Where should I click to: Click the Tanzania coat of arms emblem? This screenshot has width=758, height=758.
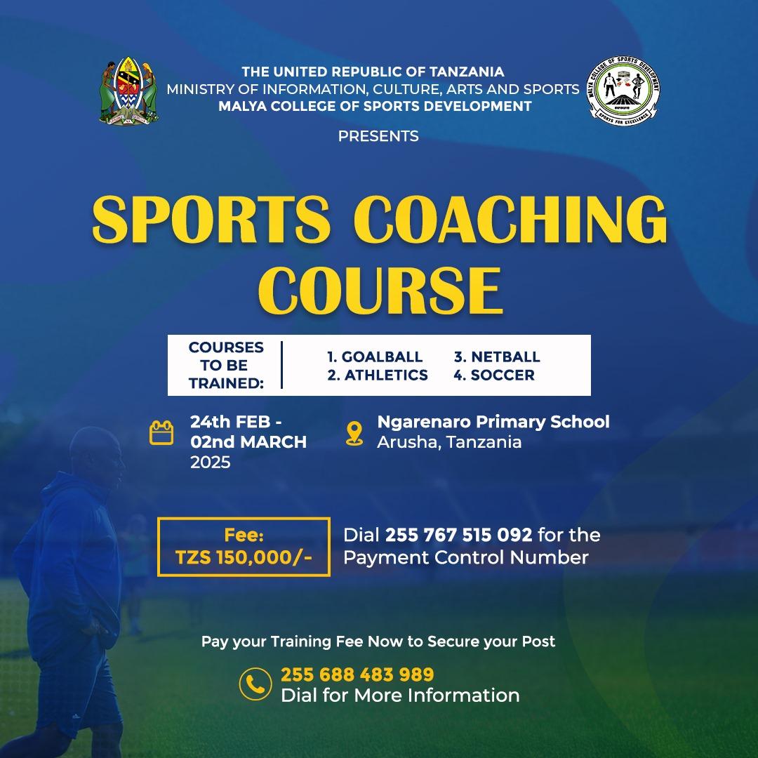128,91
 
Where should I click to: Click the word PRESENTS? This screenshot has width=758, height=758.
378,136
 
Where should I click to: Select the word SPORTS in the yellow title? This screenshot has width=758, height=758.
211,219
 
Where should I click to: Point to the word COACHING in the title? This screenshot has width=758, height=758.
510,219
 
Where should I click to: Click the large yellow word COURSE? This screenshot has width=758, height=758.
380,291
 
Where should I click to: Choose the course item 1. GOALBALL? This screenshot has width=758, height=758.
375,357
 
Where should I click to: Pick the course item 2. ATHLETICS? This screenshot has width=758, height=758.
378,375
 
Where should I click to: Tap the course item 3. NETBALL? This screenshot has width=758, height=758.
496,357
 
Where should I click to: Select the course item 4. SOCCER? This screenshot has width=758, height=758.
494,375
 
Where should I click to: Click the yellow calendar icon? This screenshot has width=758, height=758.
161,432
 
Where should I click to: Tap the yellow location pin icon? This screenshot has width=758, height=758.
354,433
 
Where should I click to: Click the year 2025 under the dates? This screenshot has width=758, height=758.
211,463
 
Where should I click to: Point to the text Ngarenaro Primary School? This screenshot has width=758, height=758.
493,422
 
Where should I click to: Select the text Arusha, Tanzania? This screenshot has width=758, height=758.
449,442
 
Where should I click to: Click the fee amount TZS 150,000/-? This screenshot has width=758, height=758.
244,557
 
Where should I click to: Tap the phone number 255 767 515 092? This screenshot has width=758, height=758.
458,535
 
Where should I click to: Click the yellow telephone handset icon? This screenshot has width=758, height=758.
255,684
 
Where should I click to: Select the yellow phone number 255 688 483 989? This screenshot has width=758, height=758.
357,674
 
